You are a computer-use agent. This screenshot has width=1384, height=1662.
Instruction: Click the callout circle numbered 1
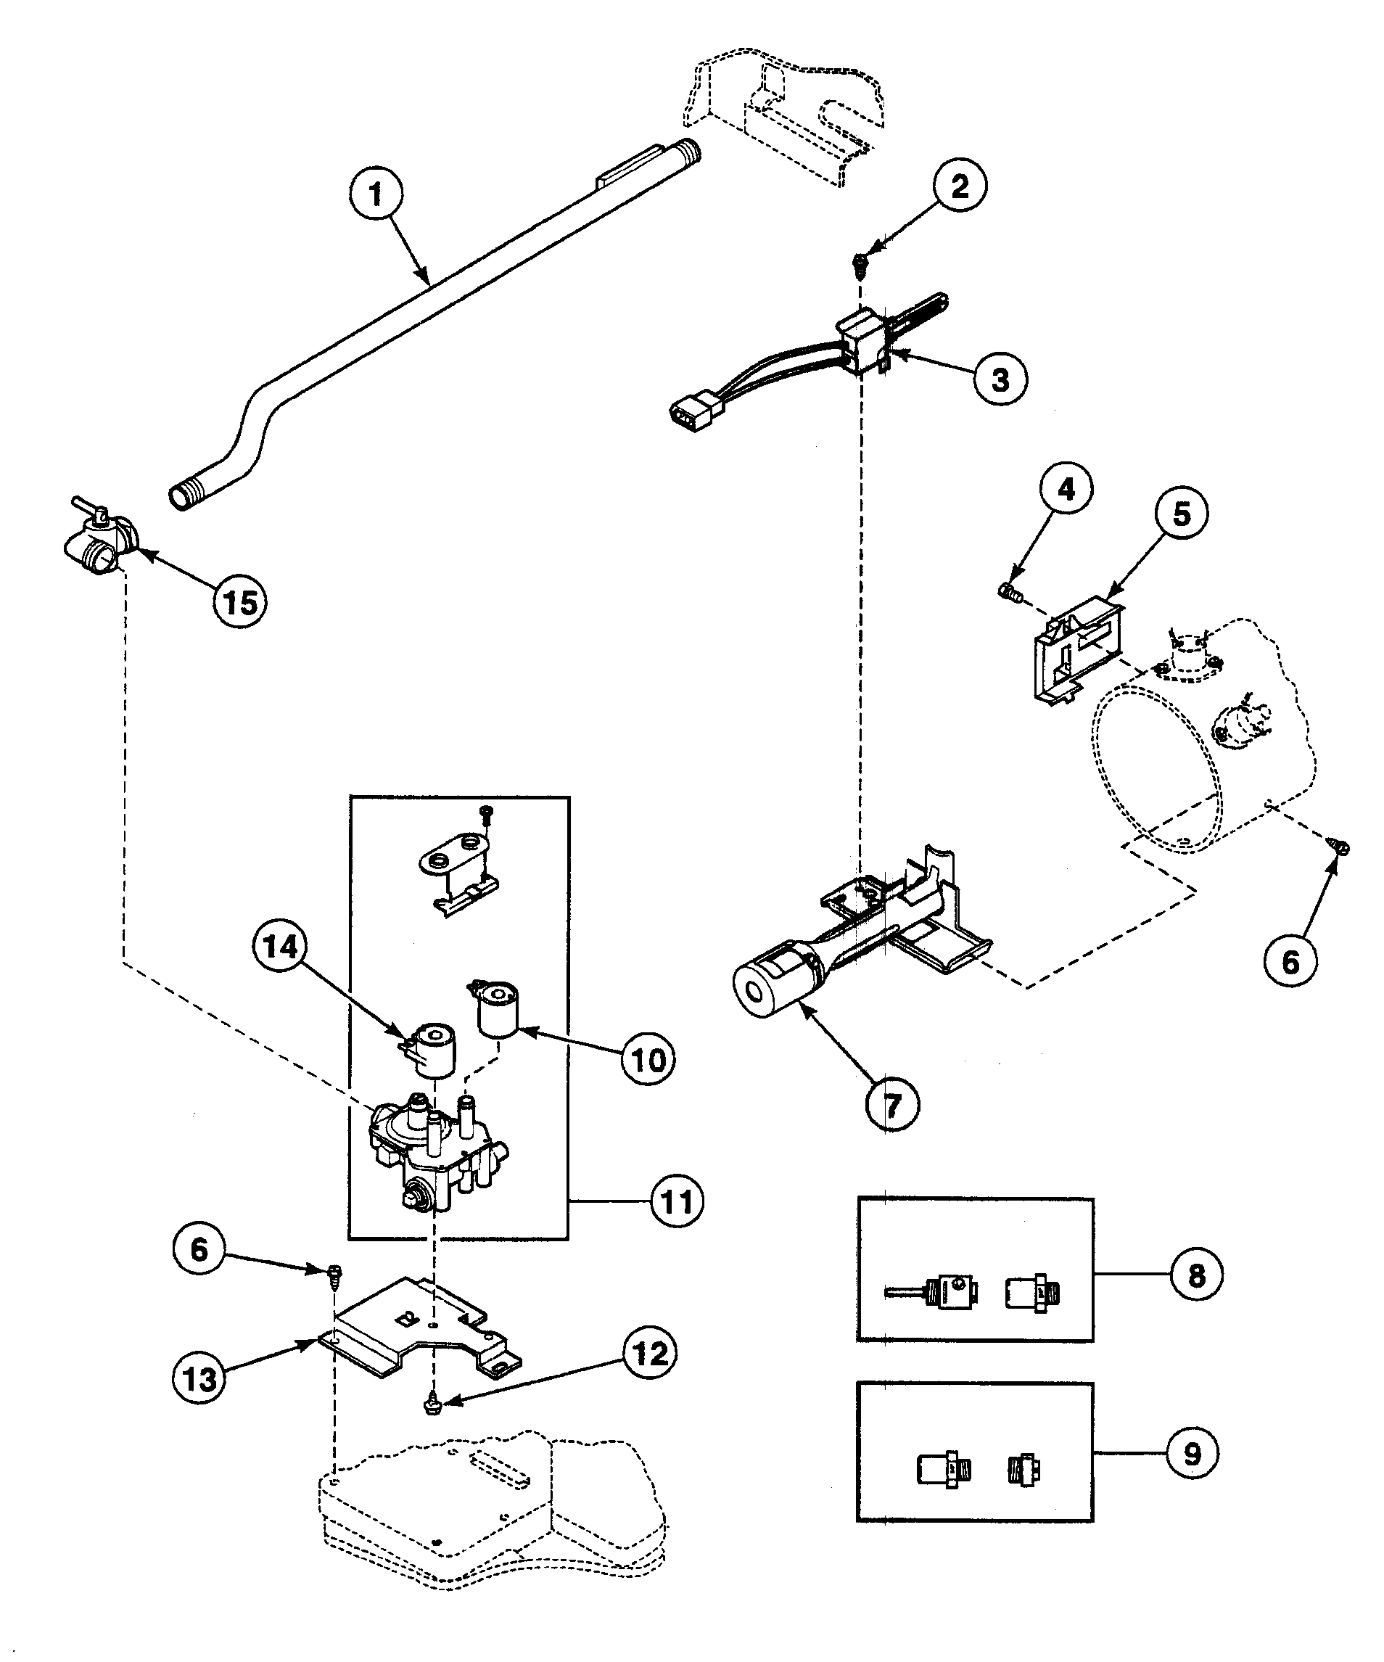click(x=375, y=194)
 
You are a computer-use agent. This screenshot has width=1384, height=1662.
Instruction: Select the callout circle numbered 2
click(x=959, y=186)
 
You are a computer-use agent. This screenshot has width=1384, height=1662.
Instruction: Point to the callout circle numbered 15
click(x=241, y=603)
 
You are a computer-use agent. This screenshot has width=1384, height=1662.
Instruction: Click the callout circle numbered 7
click(x=891, y=1106)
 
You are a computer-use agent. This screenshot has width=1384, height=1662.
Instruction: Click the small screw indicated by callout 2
click(x=859, y=260)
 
